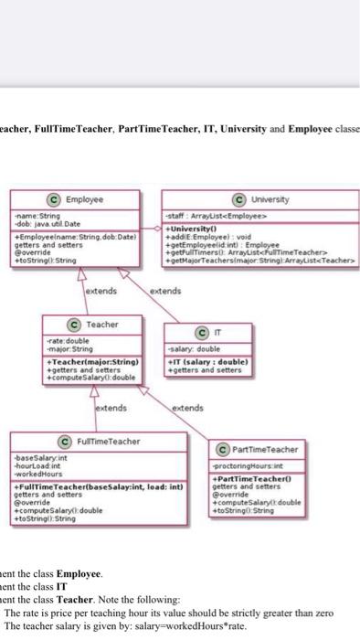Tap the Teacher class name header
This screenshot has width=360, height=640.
tap(101, 324)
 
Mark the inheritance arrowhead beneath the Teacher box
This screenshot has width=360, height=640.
tap(92, 391)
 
